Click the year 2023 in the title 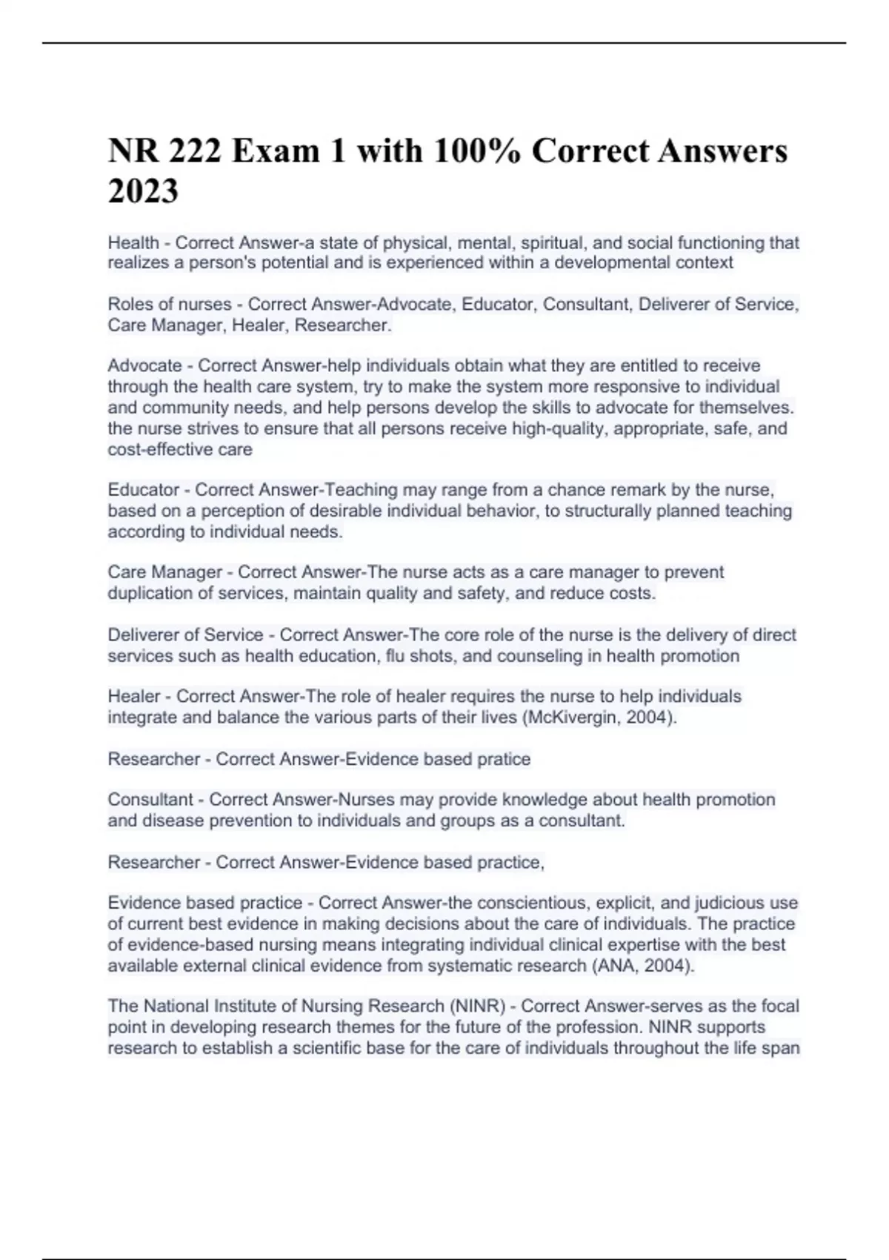click(143, 191)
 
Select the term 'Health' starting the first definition click(133, 242)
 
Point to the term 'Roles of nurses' click(170, 304)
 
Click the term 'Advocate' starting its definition click(144, 365)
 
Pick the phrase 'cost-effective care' click(180, 449)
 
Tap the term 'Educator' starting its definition click(144, 490)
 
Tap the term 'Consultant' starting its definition click(150, 800)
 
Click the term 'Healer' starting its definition click(134, 697)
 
